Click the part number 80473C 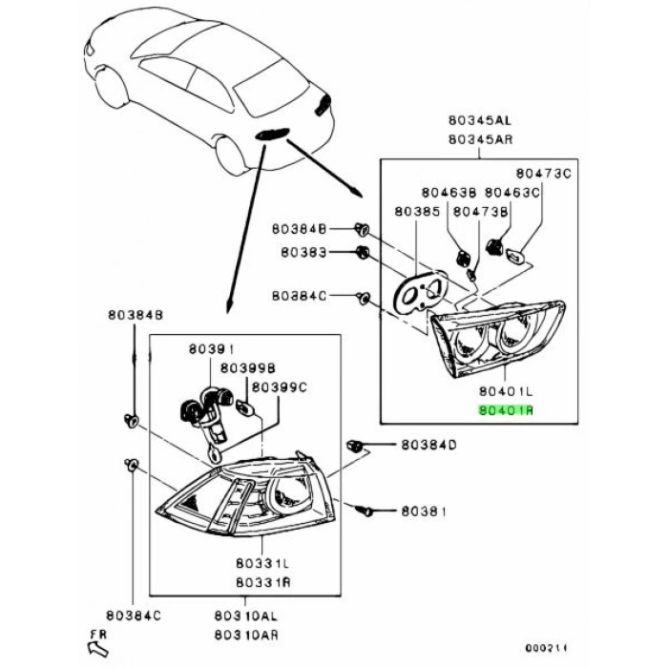pos(543,173)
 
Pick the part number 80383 pos(303,253)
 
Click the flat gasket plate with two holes pos(417,292)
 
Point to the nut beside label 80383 pos(363,253)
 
